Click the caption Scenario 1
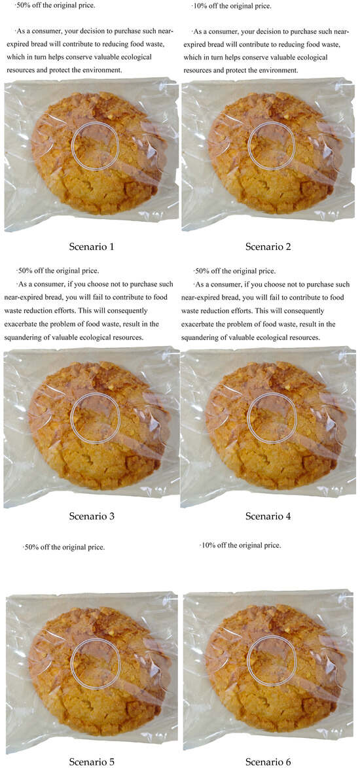point(92,247)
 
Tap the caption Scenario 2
point(268,247)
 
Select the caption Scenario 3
point(92,515)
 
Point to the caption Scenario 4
point(268,515)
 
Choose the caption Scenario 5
point(92,761)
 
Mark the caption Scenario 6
point(268,761)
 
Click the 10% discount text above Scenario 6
point(240,545)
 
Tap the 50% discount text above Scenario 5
point(63,547)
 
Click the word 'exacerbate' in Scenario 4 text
point(198,324)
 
